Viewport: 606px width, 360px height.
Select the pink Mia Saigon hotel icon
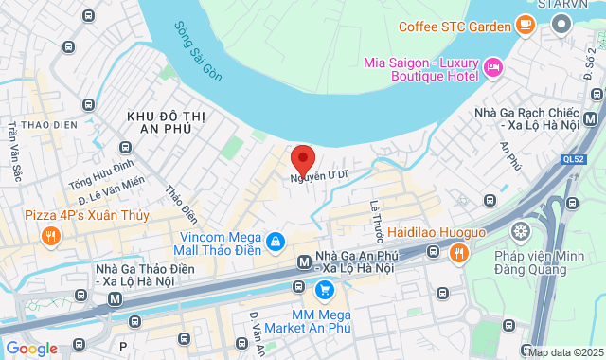(x=492, y=66)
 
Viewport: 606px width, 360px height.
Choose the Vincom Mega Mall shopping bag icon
(x=275, y=243)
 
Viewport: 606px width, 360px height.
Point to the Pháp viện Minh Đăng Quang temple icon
(x=520, y=231)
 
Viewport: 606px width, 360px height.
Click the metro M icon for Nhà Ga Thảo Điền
(x=115, y=297)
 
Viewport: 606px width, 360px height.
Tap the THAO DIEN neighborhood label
(x=47, y=124)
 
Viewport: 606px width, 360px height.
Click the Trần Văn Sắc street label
(x=14, y=150)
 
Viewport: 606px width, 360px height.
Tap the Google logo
(x=32, y=348)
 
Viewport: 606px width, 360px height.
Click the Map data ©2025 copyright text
(x=564, y=352)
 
